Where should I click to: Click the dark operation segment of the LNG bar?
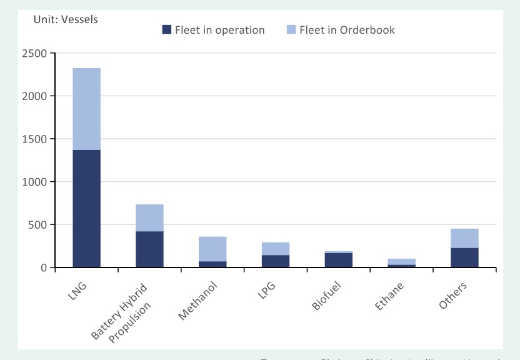pos(87,208)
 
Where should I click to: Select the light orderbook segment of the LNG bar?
pos(87,109)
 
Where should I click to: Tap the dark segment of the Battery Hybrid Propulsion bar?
pos(149,249)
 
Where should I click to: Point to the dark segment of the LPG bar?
pos(276,261)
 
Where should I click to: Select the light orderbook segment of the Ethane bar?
pos(401,262)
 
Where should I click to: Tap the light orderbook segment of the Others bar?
pos(464,238)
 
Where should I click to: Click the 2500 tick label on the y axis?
pos(36,54)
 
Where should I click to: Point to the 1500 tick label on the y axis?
pos(36,139)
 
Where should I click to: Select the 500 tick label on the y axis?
pos(39,224)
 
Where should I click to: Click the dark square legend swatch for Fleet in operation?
pos(166,29)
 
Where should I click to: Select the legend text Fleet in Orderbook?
pos(347,29)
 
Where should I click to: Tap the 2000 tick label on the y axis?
pos(36,96)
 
